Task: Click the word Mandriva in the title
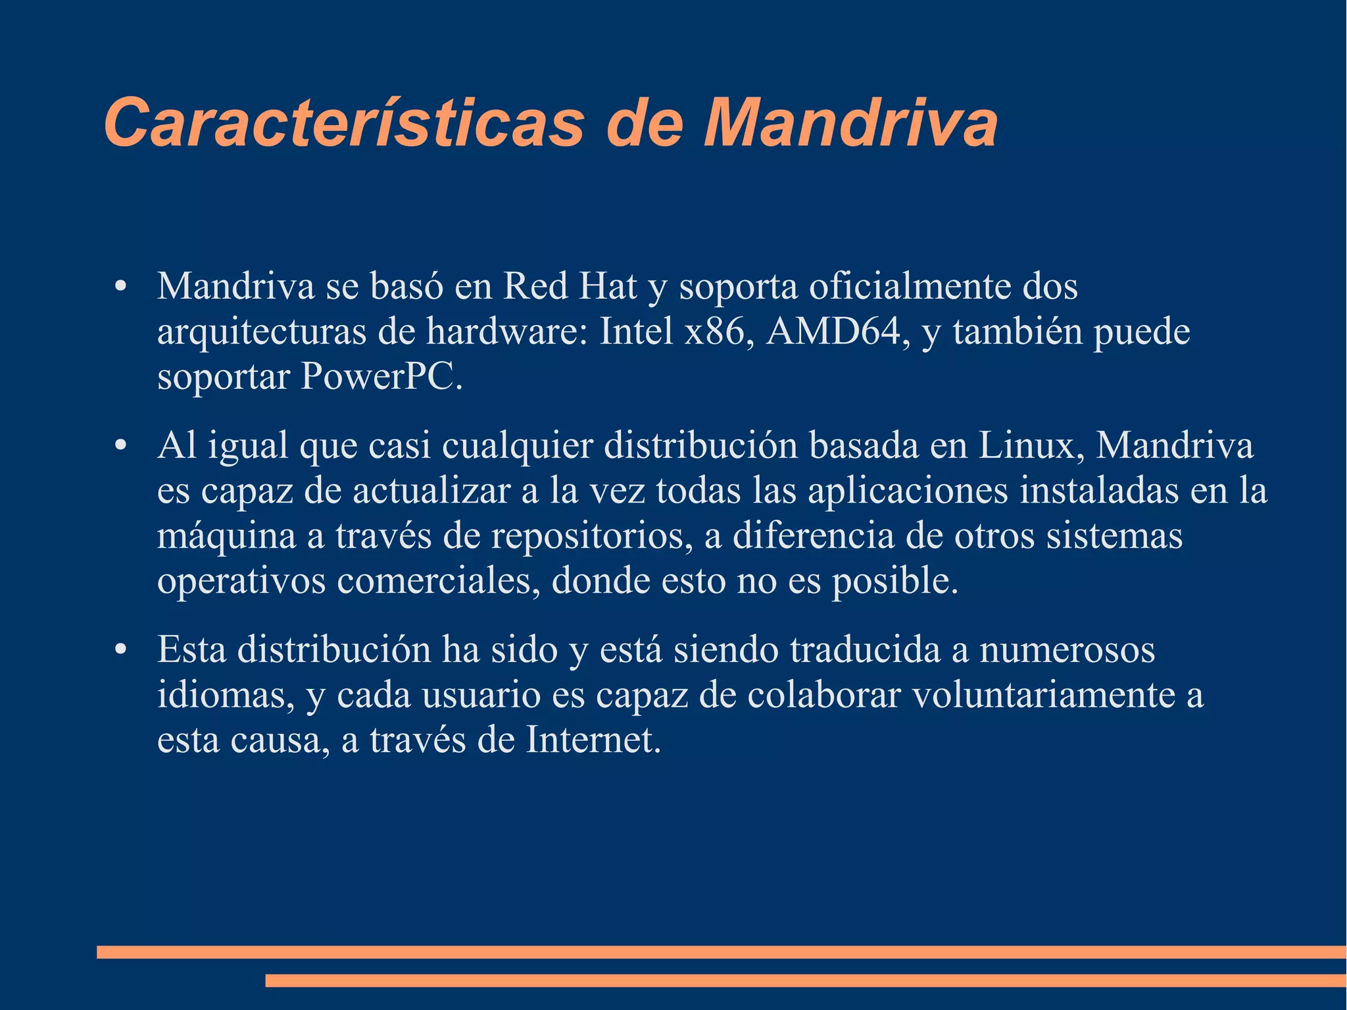[850, 123]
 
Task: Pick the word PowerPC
[381, 377]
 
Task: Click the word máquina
[226, 536]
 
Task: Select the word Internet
[593, 740]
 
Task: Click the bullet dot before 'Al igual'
[120, 447]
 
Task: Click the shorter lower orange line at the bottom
[806, 981]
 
